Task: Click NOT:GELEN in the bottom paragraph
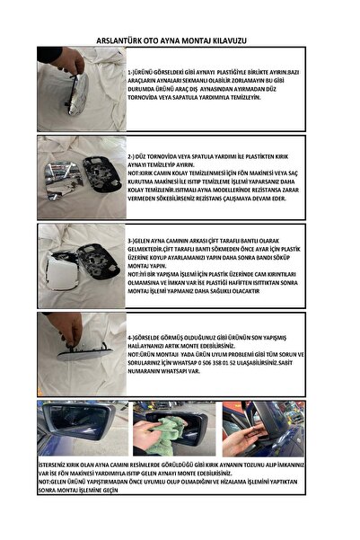coord(57,482)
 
